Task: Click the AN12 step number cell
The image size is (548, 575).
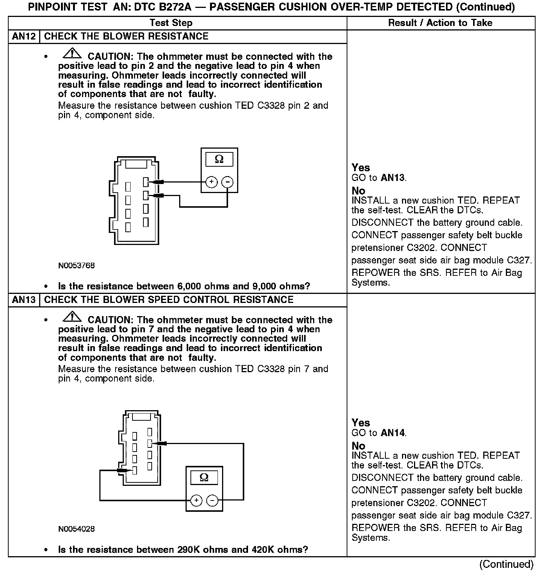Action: point(24,37)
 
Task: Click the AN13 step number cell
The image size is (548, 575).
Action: point(24,300)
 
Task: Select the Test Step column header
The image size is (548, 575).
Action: point(171,23)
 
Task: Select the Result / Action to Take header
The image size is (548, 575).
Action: point(440,23)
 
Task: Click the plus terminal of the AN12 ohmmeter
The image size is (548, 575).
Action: point(212,182)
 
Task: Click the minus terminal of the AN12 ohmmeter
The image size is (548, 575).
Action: point(227,182)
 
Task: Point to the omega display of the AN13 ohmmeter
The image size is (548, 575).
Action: point(204,478)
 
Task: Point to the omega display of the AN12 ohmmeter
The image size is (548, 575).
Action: point(219,160)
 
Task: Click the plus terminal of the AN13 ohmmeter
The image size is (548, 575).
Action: point(196,500)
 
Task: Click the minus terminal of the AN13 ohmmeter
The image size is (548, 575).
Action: point(212,500)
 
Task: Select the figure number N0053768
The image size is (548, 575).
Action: point(76,266)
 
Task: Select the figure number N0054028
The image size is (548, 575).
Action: point(76,529)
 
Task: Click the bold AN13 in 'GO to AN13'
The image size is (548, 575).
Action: point(393,178)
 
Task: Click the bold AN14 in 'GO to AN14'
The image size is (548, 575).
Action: point(393,433)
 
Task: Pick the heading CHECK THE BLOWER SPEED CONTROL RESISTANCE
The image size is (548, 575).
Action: point(169,300)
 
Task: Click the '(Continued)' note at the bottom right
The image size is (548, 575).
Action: point(506,564)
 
